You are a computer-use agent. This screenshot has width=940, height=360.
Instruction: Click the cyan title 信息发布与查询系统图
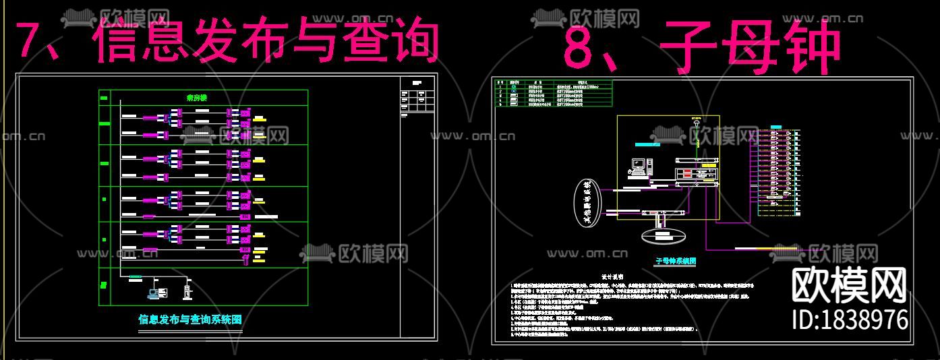point(189,320)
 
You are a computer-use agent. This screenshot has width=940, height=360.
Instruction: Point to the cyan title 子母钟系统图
point(675,260)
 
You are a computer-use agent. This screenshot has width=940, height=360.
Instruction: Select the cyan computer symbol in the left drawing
point(156,293)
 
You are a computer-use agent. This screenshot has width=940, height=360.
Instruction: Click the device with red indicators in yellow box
point(695,174)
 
